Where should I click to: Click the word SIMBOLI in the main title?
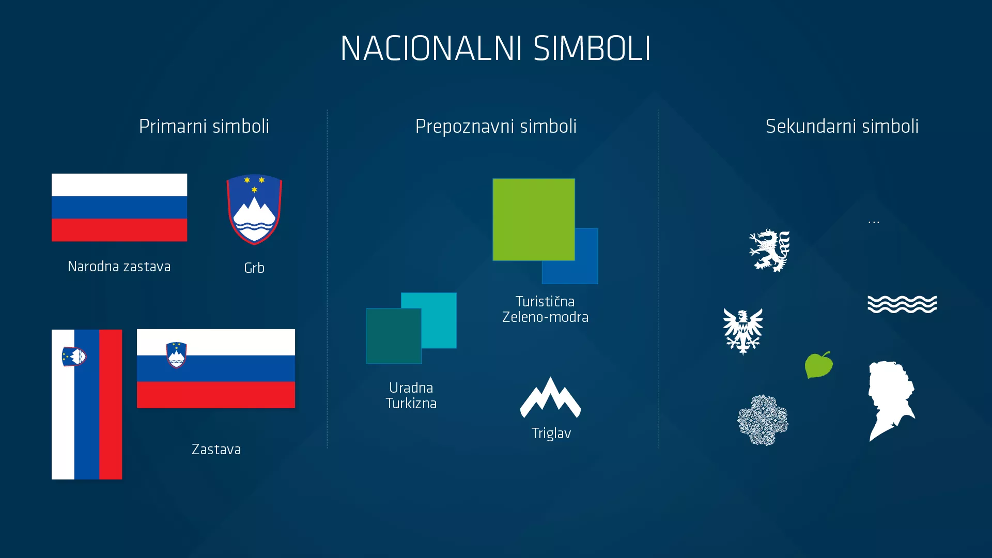point(592,49)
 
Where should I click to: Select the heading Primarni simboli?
point(204,126)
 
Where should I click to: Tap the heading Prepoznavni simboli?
point(495,126)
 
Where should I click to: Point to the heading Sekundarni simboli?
point(842,126)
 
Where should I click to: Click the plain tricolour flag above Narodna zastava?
point(119,207)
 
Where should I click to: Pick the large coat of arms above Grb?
point(254,209)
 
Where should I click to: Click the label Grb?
point(254,268)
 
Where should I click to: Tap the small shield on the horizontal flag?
point(176,355)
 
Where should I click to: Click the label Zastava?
point(216,450)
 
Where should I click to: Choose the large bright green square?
point(533,219)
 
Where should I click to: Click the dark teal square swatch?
point(393,336)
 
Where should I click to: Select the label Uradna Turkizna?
point(411,395)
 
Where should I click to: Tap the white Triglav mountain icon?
point(550,398)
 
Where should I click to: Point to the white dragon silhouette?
point(769,251)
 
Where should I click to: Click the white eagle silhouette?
point(743,331)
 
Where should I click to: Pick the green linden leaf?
point(818,365)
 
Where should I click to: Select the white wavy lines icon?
point(902,304)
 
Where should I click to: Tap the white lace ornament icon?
point(763,420)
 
